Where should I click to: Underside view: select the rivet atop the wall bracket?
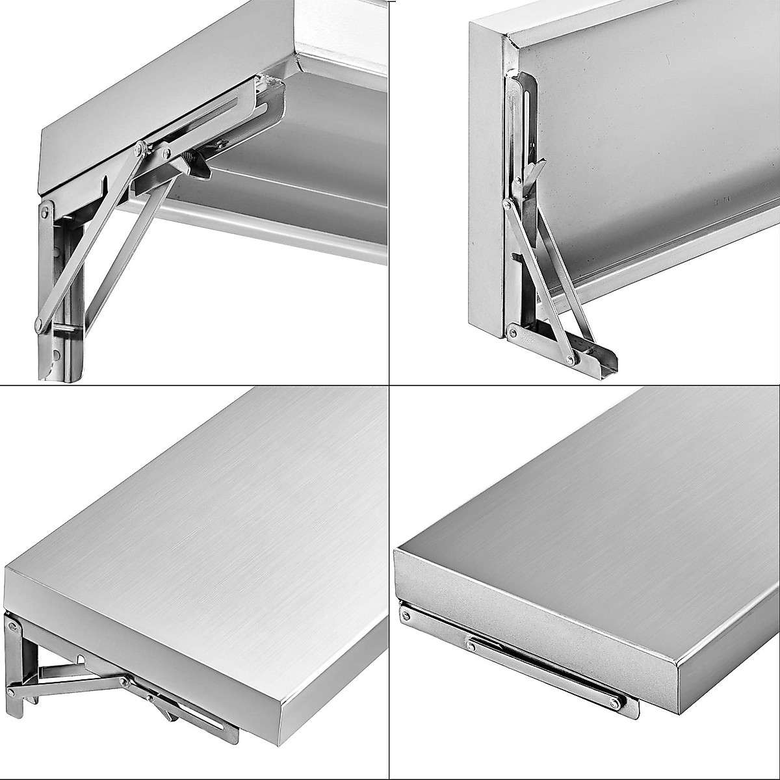pos(45,212)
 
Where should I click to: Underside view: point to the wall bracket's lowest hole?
pos(57,354)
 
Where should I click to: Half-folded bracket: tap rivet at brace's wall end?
pos(11,686)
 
